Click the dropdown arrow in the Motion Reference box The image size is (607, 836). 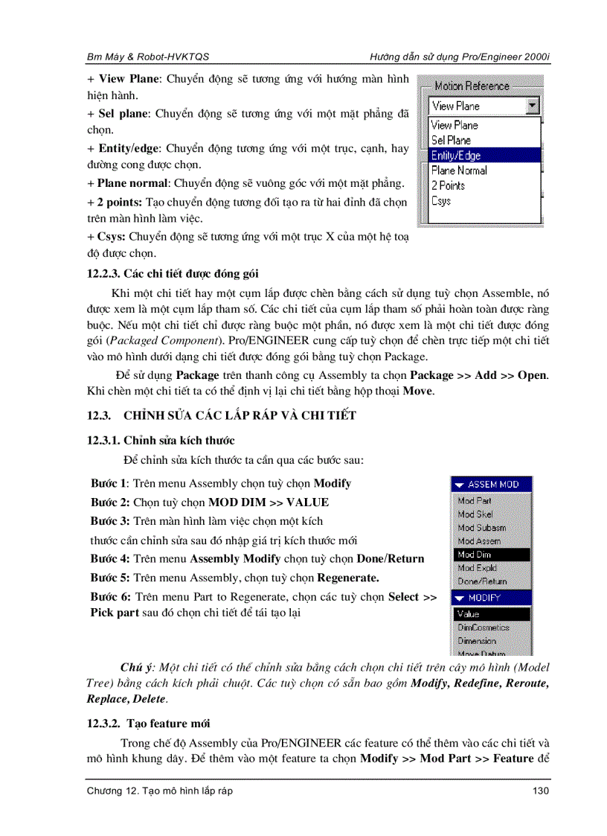[531, 106]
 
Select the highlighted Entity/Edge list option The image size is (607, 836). [455, 156]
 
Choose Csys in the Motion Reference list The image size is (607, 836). [441, 201]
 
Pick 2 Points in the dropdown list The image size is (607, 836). [448, 185]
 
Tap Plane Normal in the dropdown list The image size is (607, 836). [459, 170]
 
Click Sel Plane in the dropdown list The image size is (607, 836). [451, 140]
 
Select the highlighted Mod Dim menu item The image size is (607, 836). [475, 555]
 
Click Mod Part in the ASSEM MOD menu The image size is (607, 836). [475, 501]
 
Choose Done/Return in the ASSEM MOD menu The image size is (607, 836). [482, 581]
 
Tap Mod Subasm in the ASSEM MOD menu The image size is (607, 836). [481, 528]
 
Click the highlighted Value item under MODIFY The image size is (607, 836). [469, 614]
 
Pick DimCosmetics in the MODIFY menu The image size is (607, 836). [483, 628]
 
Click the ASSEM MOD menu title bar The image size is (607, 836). [491, 485]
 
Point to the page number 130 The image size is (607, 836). [541, 791]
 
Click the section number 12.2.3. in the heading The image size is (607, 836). [105, 274]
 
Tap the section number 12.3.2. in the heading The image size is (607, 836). [105, 723]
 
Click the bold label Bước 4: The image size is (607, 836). [110, 558]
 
